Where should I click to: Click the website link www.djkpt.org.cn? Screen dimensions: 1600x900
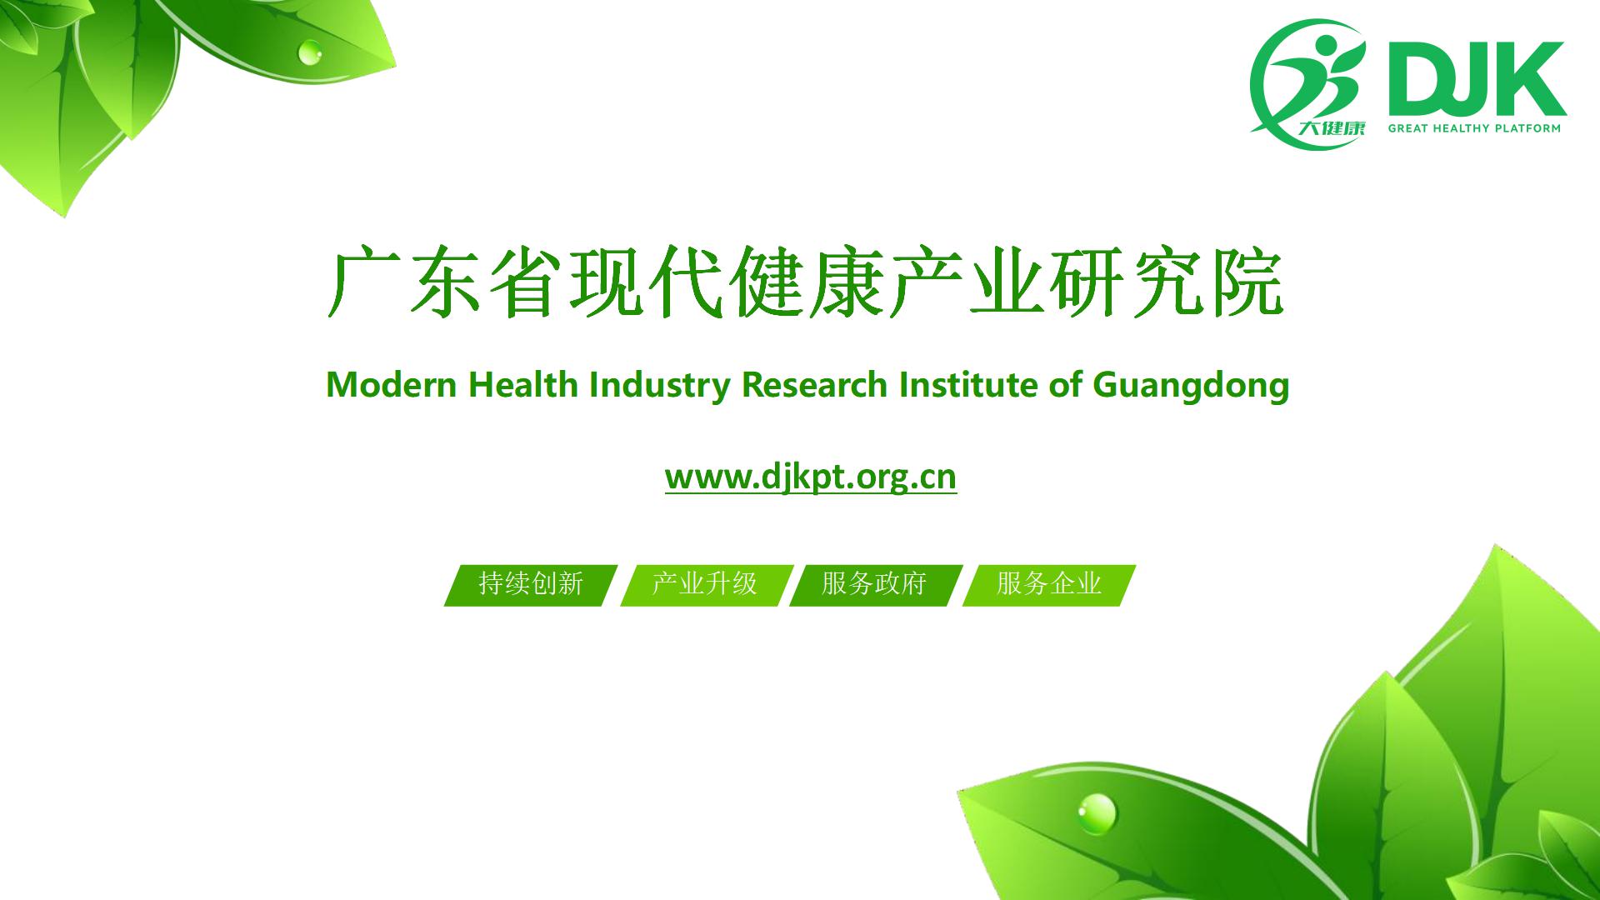pos(811,477)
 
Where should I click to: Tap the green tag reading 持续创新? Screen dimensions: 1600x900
pos(531,585)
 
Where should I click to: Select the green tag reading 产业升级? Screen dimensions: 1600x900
pos(705,585)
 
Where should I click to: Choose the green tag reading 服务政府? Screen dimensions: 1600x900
pos(875,585)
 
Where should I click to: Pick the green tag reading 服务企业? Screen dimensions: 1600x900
pos(1049,585)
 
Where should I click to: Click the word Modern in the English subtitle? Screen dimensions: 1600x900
pos(392,385)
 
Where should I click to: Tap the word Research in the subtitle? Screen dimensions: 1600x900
pos(814,385)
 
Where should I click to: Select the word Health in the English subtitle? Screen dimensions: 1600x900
pos(523,385)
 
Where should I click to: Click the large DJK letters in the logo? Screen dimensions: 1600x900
pos(1476,78)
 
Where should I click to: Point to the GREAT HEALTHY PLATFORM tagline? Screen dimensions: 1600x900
pos(1474,128)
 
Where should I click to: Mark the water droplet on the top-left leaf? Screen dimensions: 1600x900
pos(309,52)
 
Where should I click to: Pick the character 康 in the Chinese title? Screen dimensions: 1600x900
pos(845,281)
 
